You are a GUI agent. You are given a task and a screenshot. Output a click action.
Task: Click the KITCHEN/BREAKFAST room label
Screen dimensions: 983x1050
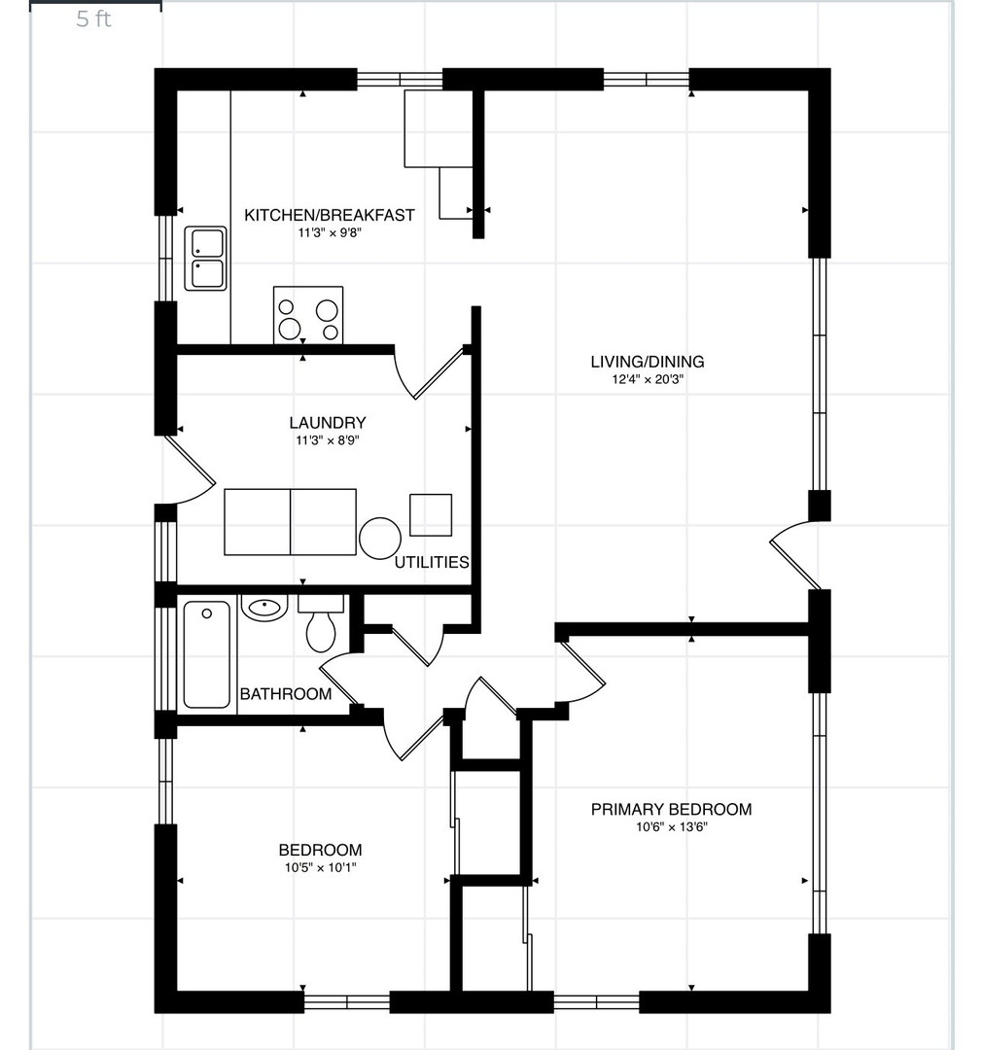[330, 215]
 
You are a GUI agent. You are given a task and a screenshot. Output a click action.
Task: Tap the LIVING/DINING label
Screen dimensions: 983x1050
[647, 362]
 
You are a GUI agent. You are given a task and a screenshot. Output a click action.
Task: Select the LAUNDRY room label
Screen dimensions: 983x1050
[328, 423]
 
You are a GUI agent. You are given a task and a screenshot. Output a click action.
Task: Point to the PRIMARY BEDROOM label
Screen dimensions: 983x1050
[671, 809]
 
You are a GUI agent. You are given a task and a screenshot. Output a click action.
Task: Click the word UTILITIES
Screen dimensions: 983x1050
[432, 562]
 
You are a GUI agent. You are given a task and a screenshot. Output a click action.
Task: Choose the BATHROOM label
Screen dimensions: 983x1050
[286, 694]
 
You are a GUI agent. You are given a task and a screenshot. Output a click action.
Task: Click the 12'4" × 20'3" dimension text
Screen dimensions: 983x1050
[647, 380]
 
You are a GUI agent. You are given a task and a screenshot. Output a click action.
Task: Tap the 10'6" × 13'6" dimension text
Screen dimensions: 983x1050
[671, 827]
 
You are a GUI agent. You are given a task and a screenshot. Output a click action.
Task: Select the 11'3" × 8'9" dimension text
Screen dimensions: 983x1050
[328, 440]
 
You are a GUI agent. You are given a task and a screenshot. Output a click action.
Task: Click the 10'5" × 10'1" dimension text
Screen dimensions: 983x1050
[320, 868]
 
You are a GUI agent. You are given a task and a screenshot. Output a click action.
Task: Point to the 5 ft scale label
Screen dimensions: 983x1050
[93, 18]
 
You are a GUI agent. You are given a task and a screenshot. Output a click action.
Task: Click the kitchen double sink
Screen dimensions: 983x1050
[205, 259]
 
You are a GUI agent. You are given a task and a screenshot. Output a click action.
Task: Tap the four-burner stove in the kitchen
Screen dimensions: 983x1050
[308, 315]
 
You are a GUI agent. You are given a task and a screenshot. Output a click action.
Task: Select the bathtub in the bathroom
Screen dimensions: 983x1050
[207, 654]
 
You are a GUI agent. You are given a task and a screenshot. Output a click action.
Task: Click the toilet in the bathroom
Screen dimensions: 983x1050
[321, 623]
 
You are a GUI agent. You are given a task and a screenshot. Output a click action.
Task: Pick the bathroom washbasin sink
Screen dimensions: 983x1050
[264, 608]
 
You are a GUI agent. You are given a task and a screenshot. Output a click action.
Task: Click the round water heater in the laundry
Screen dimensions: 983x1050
[379, 538]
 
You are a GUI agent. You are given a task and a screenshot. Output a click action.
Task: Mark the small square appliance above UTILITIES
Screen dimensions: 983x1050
[431, 515]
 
